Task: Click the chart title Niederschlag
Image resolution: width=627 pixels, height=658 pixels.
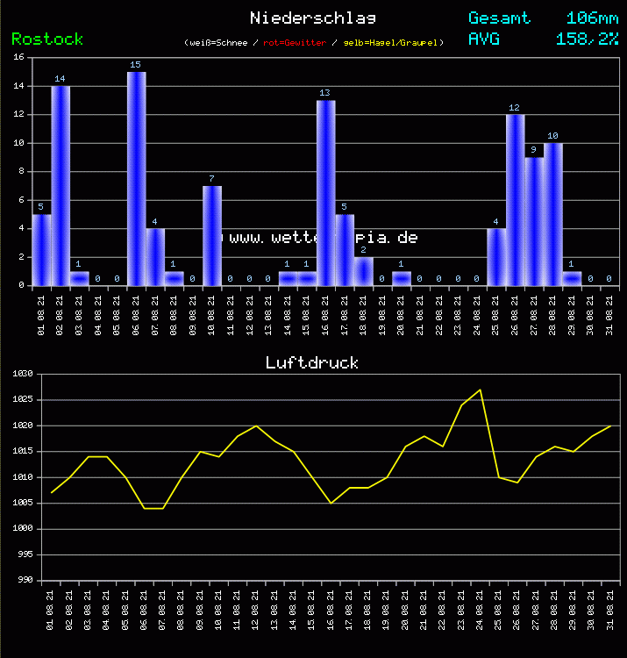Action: pos(312,18)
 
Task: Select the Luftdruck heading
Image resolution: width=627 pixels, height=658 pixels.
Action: pos(312,362)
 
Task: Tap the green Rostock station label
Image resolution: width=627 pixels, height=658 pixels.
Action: pos(47,39)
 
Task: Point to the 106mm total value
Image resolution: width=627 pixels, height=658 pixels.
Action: pos(592,18)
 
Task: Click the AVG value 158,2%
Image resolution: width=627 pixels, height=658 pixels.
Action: pos(587,39)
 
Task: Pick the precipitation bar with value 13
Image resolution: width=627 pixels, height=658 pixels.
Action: pos(325,193)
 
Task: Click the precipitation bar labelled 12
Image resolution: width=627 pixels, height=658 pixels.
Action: pos(515,200)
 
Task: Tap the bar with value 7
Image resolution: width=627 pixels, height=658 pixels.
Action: pos(211,235)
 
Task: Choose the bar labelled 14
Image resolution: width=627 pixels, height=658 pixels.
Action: pos(61,185)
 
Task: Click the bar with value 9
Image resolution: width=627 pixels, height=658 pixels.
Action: pos(534,221)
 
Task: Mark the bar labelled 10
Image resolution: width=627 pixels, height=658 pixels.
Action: pos(552,214)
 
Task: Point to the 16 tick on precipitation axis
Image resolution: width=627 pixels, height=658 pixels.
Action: pos(19,58)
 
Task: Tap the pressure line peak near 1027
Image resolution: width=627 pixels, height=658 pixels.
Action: pos(480,390)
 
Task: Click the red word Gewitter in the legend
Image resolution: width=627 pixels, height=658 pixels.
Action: pos(289,42)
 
